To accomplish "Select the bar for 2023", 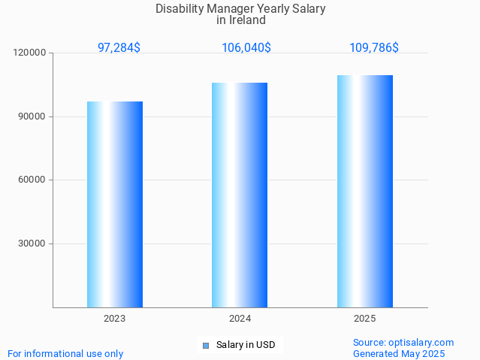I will coord(115,204).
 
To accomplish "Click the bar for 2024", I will coord(240,195).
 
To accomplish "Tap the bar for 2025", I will coord(365,192).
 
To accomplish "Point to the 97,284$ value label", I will coord(119,47).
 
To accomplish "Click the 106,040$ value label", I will coord(246,47).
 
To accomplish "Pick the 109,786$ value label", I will coord(374,47).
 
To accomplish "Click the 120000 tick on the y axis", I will coord(30,53).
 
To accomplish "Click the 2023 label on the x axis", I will coord(115,319).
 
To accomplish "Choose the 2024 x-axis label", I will coord(240,319).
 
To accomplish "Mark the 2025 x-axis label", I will coord(365,319).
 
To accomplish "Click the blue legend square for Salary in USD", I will coord(206,346).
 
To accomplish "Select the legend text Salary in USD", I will coord(246,346).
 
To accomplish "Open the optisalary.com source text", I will coord(403,343).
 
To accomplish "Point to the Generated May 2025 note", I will coord(399,354).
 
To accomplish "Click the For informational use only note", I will coord(65,354).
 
